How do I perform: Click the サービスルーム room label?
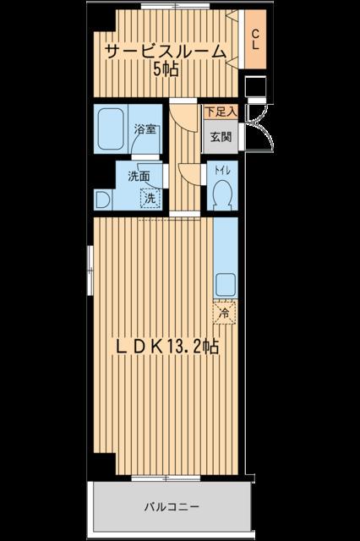[x=165, y=52]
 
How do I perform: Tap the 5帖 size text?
[x=166, y=70]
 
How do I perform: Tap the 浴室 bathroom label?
[x=145, y=130]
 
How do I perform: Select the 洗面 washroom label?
[x=139, y=177]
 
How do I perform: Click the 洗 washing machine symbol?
[x=149, y=199]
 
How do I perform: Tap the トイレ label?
[x=221, y=170]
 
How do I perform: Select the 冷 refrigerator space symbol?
[x=225, y=313]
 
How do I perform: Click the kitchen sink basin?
[x=226, y=283]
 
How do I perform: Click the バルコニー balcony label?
[x=170, y=507]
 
